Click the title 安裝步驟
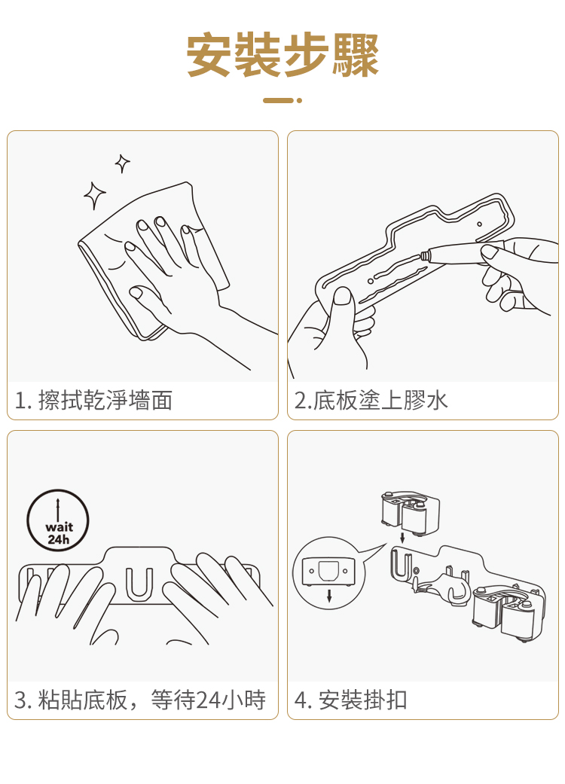click(x=282, y=55)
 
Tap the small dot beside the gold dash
click(x=299, y=100)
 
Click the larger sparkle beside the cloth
click(x=94, y=196)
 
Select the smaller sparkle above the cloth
click(x=123, y=163)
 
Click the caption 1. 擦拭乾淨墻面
click(x=93, y=401)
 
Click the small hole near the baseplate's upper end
click(x=479, y=224)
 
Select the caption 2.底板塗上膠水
click(x=371, y=401)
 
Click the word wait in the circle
click(x=59, y=527)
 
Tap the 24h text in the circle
click(x=59, y=539)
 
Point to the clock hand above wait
click(x=58, y=509)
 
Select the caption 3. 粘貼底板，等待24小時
click(x=140, y=700)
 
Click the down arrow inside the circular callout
click(x=329, y=595)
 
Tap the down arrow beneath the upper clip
click(x=402, y=538)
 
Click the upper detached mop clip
click(x=410, y=513)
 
